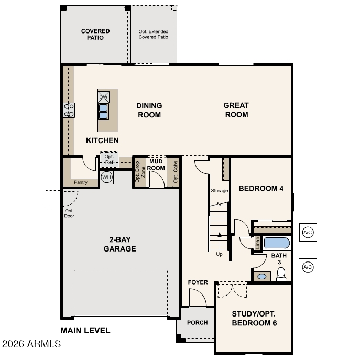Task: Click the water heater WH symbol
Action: [x=106, y=177]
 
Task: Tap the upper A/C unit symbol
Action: [x=308, y=232]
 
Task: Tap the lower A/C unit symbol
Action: [x=308, y=267]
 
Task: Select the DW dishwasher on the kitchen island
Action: [x=103, y=97]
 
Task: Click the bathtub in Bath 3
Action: [x=277, y=243]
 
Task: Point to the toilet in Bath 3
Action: [x=281, y=274]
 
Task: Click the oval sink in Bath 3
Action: [x=261, y=276]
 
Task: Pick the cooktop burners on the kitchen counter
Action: [x=69, y=110]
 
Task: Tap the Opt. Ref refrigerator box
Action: [x=110, y=159]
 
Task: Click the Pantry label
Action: [x=81, y=182]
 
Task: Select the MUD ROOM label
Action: [x=156, y=165]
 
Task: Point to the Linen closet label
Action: [x=258, y=243]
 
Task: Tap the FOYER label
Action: [x=198, y=282]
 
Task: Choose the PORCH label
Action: [x=197, y=323]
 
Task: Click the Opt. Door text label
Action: [x=69, y=213]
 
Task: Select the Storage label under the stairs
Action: [x=219, y=191]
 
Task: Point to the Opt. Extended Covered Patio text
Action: [x=154, y=34]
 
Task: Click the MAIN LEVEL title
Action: [x=85, y=330]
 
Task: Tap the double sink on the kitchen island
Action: [x=103, y=112]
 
